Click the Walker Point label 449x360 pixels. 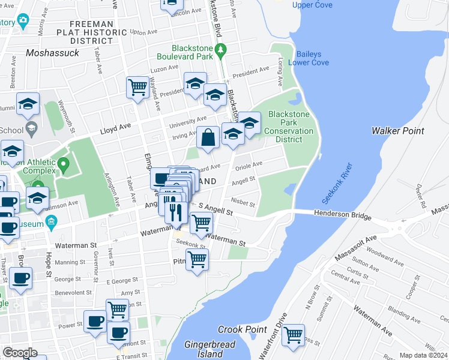click(397, 131)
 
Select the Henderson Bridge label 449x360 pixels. click(344, 214)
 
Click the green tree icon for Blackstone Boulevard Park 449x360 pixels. click(221, 49)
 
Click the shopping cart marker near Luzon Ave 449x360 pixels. click(137, 87)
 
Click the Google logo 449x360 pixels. click(20, 353)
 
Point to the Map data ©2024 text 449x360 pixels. click(423, 355)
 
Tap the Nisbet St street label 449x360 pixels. click(243, 204)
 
